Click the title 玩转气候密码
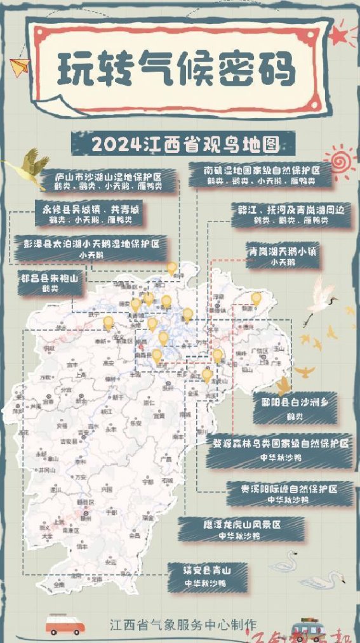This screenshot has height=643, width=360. [177, 69]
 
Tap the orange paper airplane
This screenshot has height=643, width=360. [21, 65]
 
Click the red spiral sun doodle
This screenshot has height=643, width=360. [340, 158]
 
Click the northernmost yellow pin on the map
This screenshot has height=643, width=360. [171, 268]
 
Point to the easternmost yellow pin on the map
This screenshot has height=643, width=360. [256, 298]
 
